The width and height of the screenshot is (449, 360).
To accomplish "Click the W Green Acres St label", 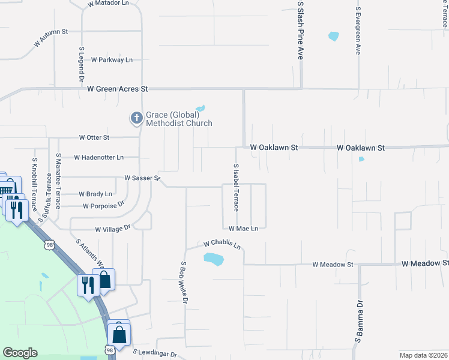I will tap(117, 89).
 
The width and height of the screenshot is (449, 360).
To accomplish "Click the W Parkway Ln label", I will tap(112, 60).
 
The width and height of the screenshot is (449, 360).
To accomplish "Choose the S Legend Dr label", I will tap(81, 65).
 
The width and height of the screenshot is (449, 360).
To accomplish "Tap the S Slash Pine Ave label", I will tap(301, 30).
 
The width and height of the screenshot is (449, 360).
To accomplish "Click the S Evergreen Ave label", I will tap(358, 31).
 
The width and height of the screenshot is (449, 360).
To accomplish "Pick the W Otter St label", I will tap(94, 137).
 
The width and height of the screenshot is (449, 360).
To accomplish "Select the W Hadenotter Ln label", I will tap(98, 157).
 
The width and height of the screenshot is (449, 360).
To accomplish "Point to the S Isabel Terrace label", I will tap(236, 187).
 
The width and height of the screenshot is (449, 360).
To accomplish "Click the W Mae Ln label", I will tap(243, 229).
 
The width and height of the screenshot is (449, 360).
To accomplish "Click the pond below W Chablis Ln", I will tap(213, 259).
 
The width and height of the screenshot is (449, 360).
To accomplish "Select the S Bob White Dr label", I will tap(184, 282).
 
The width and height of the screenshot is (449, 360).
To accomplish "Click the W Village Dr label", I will tap(112, 229).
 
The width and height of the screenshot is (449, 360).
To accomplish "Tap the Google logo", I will tap(20, 353).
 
